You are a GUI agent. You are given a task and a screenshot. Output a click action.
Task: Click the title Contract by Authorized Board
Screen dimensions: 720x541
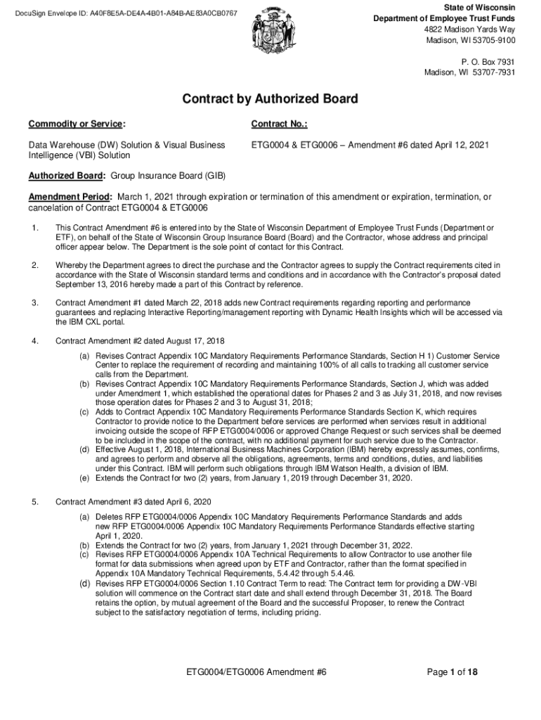(270, 99)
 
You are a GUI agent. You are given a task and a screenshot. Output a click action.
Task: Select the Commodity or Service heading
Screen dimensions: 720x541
(77, 124)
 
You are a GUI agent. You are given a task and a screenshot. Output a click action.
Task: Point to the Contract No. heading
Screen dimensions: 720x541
(279, 124)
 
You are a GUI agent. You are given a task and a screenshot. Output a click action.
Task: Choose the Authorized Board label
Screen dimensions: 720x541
(67, 176)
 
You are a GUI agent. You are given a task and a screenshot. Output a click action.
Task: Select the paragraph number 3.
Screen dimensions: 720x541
(34, 303)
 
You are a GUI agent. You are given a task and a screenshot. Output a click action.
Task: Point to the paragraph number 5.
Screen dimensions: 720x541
(34, 501)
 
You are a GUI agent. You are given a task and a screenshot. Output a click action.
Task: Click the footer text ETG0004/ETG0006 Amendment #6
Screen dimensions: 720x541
(256, 672)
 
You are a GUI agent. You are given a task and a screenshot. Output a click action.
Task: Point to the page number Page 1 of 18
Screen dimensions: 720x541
(453, 672)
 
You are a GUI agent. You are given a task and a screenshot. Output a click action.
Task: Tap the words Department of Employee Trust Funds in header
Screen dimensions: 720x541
(454, 18)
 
